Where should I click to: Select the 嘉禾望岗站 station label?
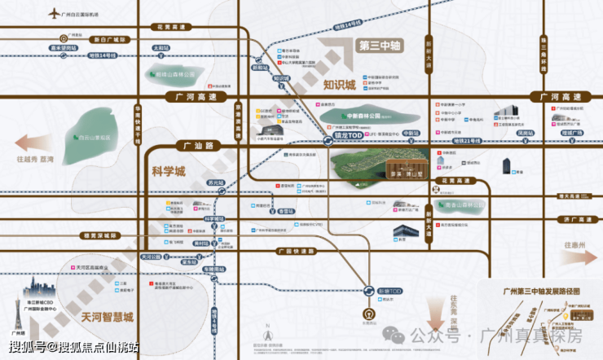(61, 48)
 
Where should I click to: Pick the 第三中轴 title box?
(382, 46)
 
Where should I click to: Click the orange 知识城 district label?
(339, 85)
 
